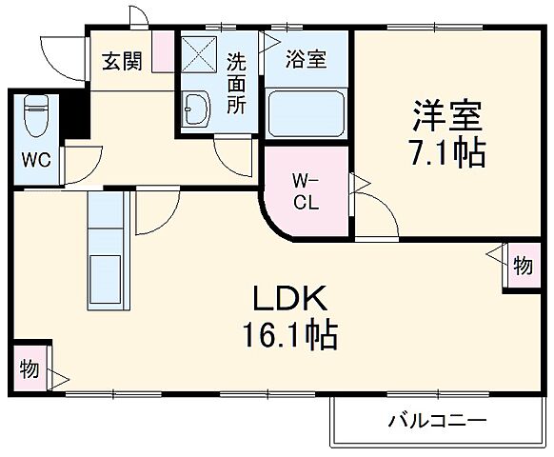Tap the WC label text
[36, 158]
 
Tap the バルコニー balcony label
[437, 419]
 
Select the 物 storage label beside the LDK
[30, 368]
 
